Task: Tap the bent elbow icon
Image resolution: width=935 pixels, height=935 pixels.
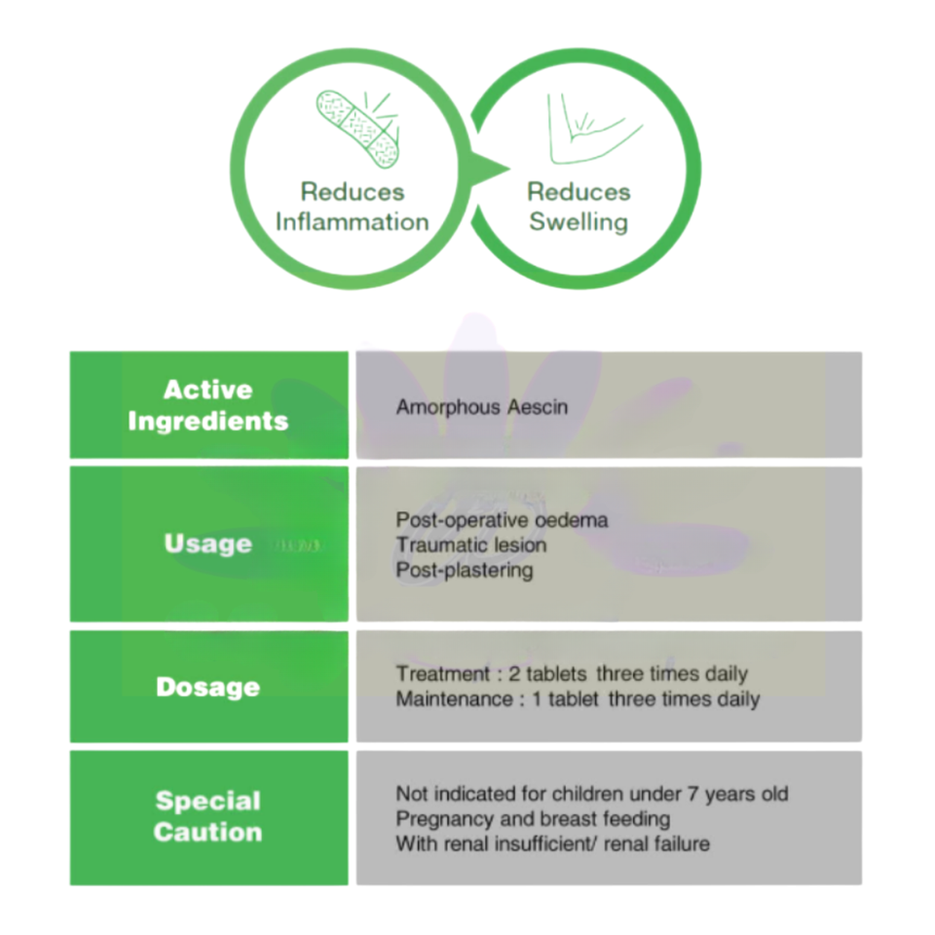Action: (594, 129)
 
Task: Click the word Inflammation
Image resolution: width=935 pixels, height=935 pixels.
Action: (352, 222)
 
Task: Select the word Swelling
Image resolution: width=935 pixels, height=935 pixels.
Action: (579, 222)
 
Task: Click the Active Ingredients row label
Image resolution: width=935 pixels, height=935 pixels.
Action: (208, 405)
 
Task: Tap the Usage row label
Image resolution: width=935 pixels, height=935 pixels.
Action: (208, 543)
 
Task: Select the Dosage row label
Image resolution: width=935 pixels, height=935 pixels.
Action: (208, 687)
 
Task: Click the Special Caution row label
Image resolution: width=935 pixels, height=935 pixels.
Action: (208, 816)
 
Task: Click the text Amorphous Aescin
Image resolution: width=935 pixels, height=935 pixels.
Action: (482, 407)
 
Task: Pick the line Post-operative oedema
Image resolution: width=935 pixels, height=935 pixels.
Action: (503, 520)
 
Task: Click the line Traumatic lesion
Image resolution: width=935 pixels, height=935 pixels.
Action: (471, 545)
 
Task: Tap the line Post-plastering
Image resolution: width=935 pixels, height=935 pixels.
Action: (465, 570)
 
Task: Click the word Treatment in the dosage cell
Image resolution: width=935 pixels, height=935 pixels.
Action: (442, 674)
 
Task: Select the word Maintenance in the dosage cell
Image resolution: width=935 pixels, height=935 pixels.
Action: (455, 699)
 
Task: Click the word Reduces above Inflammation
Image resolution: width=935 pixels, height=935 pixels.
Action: (353, 192)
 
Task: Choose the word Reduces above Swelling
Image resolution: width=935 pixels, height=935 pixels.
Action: (579, 192)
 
